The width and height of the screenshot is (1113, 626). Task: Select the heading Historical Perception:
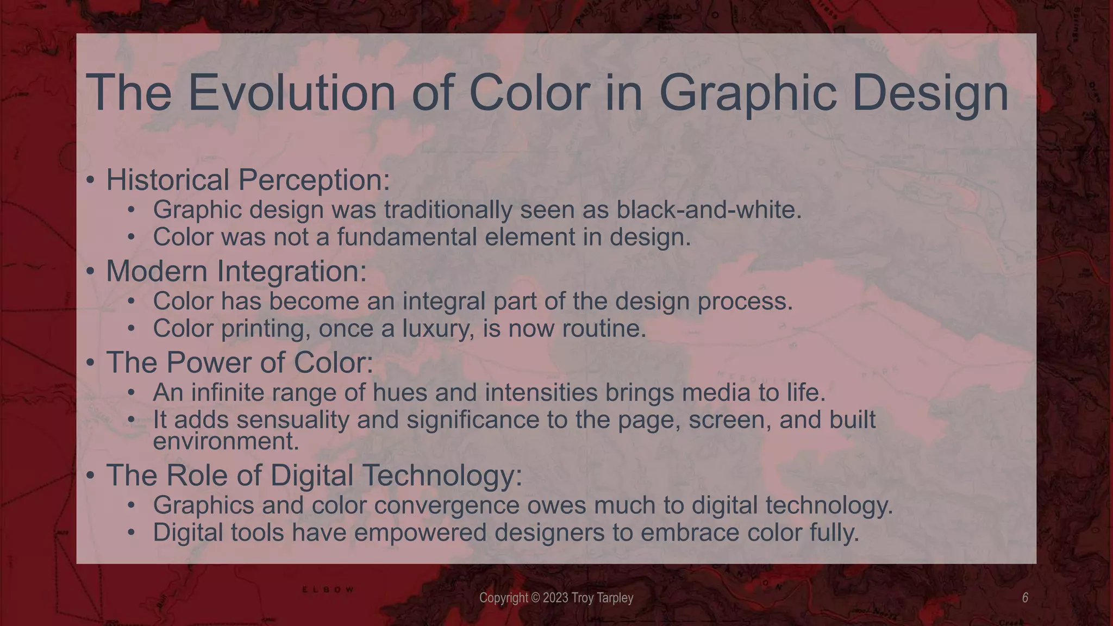click(248, 180)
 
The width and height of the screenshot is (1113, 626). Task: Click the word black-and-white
click(709, 210)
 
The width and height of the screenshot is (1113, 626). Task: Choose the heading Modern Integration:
click(236, 271)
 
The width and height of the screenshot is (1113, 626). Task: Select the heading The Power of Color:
click(240, 362)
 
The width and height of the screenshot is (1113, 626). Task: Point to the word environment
click(226, 441)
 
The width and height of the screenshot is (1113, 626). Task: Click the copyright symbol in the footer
click(535, 598)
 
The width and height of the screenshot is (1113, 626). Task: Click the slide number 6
click(1025, 598)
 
